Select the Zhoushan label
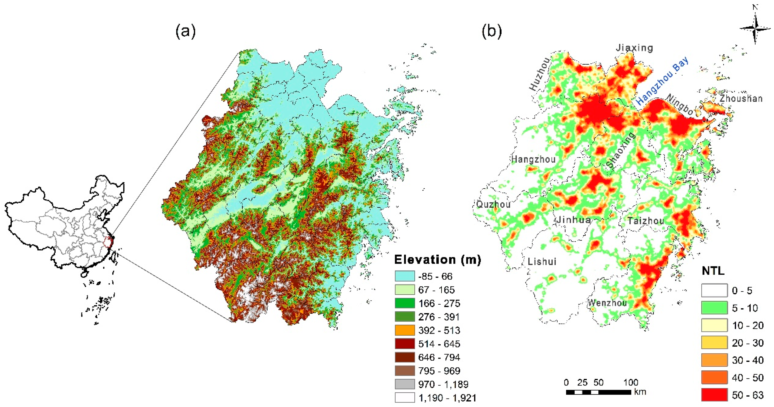click(x=741, y=98)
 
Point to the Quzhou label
click(x=493, y=205)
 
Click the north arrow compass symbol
click(x=755, y=28)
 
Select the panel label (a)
click(x=185, y=31)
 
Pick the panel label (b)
click(x=491, y=31)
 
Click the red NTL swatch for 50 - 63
click(x=714, y=395)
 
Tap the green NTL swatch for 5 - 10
click(x=714, y=308)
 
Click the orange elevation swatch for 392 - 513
click(x=404, y=330)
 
